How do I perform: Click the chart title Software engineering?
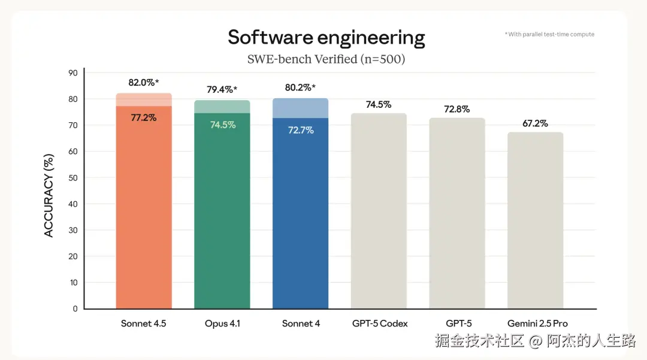[326, 38]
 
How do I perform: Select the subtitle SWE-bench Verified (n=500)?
[326, 59]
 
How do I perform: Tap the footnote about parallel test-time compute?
[549, 35]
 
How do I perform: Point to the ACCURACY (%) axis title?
[49, 195]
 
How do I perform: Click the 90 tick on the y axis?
[73, 73]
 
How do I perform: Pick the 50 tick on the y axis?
[73, 178]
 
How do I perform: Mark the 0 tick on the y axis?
[75, 308]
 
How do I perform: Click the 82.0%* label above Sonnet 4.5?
[143, 83]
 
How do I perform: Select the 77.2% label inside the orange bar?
[143, 117]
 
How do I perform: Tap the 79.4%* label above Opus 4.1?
[222, 90]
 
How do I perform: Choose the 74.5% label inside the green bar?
[222, 125]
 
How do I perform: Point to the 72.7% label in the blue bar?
[300, 130]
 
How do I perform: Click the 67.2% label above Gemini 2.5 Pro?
[535, 123]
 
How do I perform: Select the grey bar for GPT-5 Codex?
[379, 210]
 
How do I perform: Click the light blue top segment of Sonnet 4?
[300, 108]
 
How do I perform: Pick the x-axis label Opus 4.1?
[222, 323]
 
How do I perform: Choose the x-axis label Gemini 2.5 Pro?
[535, 323]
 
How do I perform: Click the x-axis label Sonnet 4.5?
[143, 323]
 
